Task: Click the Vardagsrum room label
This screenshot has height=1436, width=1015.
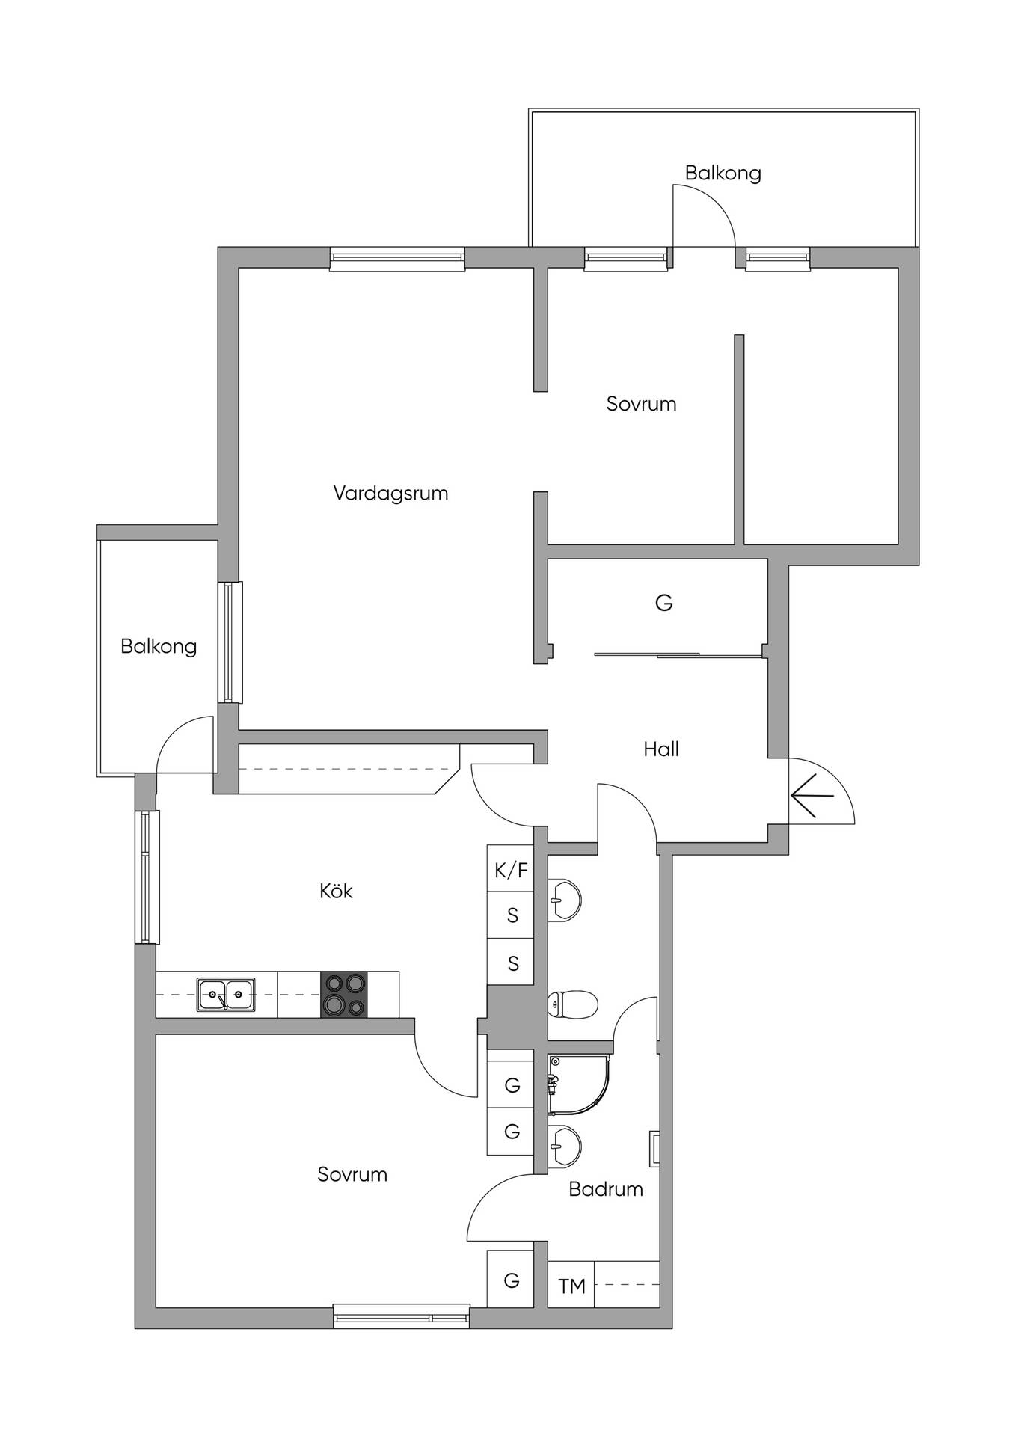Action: (x=390, y=493)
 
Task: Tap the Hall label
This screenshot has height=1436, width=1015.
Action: (x=661, y=749)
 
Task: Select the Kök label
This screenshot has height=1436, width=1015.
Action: (x=336, y=890)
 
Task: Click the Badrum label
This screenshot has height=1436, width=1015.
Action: (x=606, y=1188)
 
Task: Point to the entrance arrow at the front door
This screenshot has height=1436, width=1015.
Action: (x=812, y=796)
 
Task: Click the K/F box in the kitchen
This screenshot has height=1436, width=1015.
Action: (x=511, y=869)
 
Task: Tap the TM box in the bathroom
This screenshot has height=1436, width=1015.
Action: (x=571, y=1286)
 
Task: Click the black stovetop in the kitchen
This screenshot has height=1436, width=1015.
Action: (x=344, y=994)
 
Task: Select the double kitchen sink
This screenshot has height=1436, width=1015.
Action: (x=226, y=995)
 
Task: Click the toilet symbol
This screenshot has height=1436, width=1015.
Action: (x=572, y=1004)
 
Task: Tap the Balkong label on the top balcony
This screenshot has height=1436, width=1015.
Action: (x=723, y=173)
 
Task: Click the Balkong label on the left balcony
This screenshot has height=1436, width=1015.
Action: (x=159, y=646)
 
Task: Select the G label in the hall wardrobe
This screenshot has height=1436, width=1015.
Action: (x=664, y=602)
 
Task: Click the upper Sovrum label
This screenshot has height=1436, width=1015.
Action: (x=641, y=404)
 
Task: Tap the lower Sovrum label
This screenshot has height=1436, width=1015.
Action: (x=352, y=1174)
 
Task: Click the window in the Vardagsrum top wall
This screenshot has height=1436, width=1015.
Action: (x=397, y=259)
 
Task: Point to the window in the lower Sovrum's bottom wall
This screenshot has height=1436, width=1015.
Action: (x=402, y=1316)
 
